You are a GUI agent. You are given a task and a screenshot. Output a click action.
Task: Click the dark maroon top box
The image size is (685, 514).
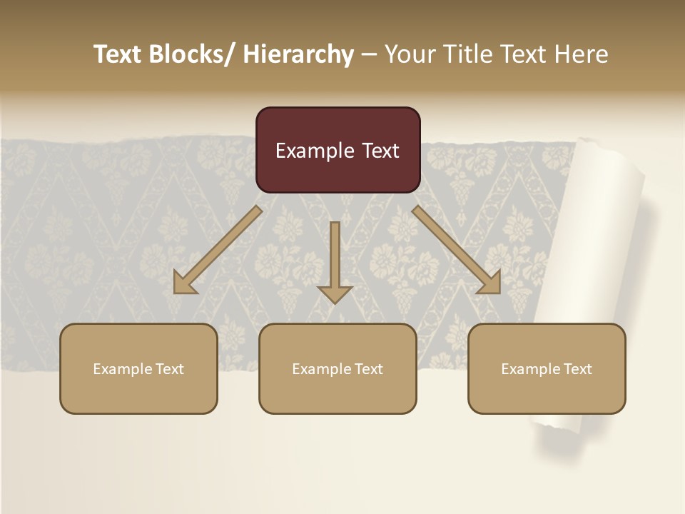[x=338, y=150]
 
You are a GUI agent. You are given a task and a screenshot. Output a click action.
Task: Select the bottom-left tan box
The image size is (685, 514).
[x=138, y=368]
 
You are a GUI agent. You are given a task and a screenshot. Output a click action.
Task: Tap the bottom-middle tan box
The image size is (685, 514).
[x=338, y=368]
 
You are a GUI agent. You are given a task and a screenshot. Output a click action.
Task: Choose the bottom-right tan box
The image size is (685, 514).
[x=547, y=368]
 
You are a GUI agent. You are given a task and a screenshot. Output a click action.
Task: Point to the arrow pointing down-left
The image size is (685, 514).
[x=218, y=250]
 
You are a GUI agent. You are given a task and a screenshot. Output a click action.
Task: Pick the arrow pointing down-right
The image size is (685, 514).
[x=457, y=250]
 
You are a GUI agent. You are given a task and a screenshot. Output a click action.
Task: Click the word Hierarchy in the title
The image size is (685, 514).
[x=298, y=54]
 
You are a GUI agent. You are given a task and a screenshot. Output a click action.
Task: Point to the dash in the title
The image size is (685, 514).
[x=368, y=54]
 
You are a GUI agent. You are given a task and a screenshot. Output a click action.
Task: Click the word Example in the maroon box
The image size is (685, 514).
[x=309, y=151]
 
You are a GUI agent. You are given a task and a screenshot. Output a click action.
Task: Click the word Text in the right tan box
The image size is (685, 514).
[x=577, y=369]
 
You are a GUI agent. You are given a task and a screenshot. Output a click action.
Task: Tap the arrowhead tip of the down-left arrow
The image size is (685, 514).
[x=176, y=291]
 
